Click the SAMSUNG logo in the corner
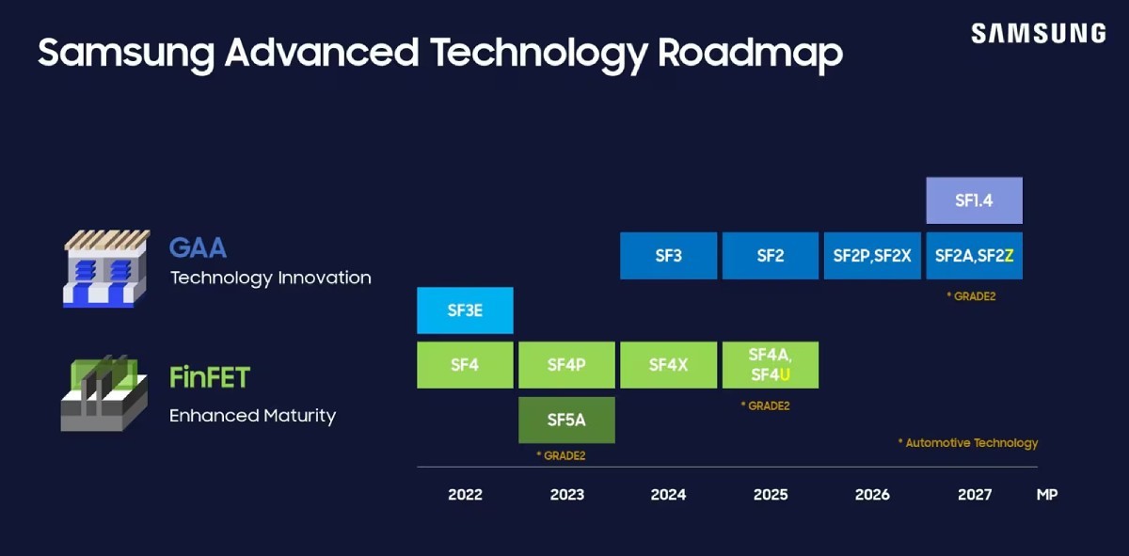pyautogui.click(x=1038, y=34)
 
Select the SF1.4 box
pyautogui.click(x=974, y=200)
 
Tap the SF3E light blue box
pyautogui.click(x=465, y=310)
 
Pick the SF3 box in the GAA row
pyautogui.click(x=668, y=256)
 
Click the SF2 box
pyautogui.click(x=770, y=256)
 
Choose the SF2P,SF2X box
pyautogui.click(x=872, y=256)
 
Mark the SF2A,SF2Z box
pyautogui.click(x=974, y=256)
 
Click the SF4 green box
pyautogui.click(x=465, y=365)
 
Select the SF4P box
pyautogui.click(x=566, y=365)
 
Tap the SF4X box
pyautogui.click(x=668, y=365)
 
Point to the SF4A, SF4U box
pyautogui.click(x=770, y=365)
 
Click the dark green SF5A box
pyautogui.click(x=566, y=420)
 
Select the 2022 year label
pyautogui.click(x=465, y=495)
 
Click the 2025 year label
pyautogui.click(x=771, y=495)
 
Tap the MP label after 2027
pyautogui.click(x=1046, y=495)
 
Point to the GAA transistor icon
pyautogui.click(x=105, y=268)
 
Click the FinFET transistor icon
pyautogui.click(x=103, y=393)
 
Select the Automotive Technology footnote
pyautogui.click(x=968, y=442)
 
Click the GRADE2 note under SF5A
pyautogui.click(x=561, y=455)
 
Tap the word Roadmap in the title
pyautogui.click(x=750, y=53)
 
